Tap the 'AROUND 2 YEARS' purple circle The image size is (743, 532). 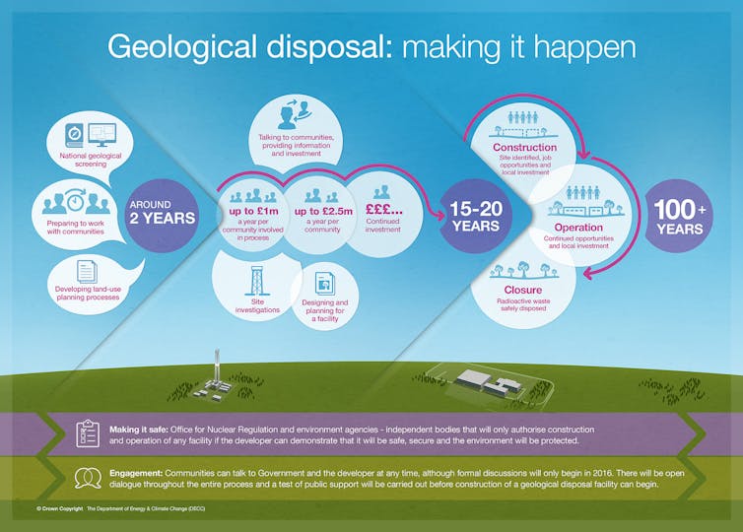(162, 215)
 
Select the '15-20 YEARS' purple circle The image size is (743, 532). (476, 216)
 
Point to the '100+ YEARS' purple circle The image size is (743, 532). (679, 216)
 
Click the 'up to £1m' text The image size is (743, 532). (253, 211)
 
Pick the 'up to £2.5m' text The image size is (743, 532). (323, 211)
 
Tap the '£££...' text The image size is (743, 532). (383, 210)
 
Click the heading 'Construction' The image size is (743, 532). (524, 147)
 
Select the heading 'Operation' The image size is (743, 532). (578, 227)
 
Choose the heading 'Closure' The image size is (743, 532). (522, 290)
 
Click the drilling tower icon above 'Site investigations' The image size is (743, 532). (257, 281)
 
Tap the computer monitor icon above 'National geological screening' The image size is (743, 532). (101, 135)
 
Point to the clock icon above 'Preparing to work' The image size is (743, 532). (75, 201)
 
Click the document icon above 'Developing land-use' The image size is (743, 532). (87, 272)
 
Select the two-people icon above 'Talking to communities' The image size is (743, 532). (295, 113)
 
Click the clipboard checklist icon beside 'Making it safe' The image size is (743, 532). (88, 433)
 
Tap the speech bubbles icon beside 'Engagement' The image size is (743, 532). (88, 478)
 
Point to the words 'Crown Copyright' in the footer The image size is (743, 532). (62, 508)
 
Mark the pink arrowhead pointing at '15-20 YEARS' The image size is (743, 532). (439, 216)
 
